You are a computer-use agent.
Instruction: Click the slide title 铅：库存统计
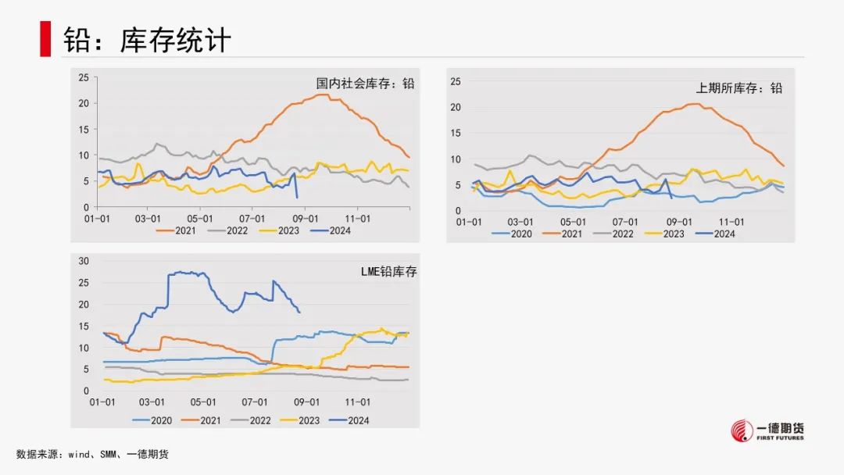(x=147, y=41)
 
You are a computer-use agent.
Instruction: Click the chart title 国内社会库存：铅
(x=365, y=83)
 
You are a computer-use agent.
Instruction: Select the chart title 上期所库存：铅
(x=739, y=88)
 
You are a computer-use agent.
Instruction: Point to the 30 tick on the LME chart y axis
(x=86, y=261)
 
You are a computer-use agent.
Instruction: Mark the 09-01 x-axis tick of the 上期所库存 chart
(x=679, y=222)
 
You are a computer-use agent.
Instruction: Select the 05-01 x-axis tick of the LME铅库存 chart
(x=202, y=402)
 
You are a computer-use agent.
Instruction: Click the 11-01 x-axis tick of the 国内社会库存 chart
(x=357, y=218)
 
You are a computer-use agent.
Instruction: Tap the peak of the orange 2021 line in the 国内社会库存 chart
(x=322, y=95)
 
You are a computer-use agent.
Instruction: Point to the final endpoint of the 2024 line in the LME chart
(x=300, y=312)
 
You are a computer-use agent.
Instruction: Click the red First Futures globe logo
(x=742, y=430)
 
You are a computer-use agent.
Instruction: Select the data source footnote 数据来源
(x=92, y=454)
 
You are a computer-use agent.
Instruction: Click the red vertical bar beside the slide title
(x=46, y=39)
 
